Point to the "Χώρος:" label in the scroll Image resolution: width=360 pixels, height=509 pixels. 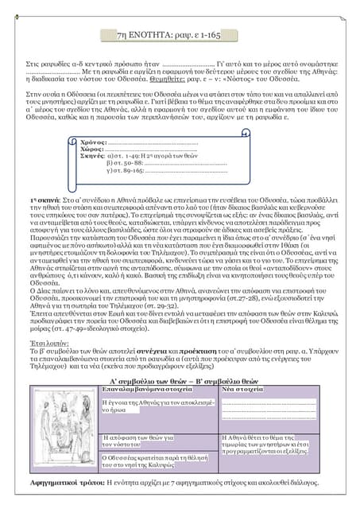click(93, 149)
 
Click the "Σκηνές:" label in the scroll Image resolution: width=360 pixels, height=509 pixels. click(95, 156)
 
